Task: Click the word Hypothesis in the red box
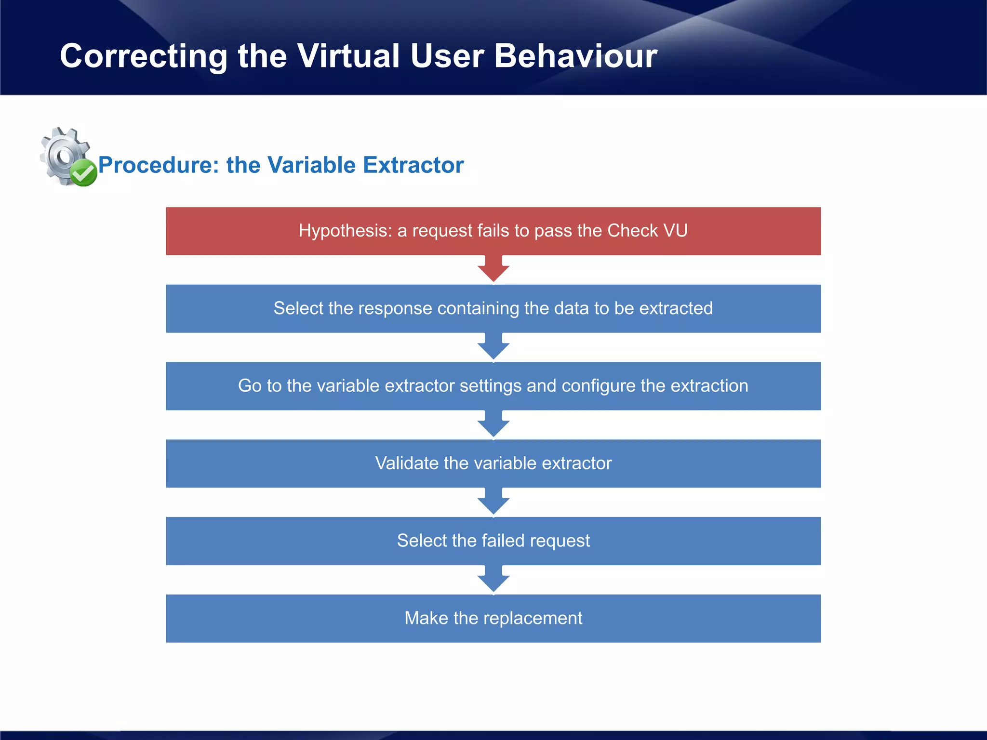point(344,231)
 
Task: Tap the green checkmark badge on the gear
point(84,173)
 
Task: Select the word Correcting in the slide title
point(143,56)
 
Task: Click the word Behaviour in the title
point(575,56)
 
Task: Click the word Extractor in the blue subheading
point(413,165)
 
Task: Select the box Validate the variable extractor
point(493,463)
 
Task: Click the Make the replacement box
point(493,618)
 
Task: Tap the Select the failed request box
point(493,541)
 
